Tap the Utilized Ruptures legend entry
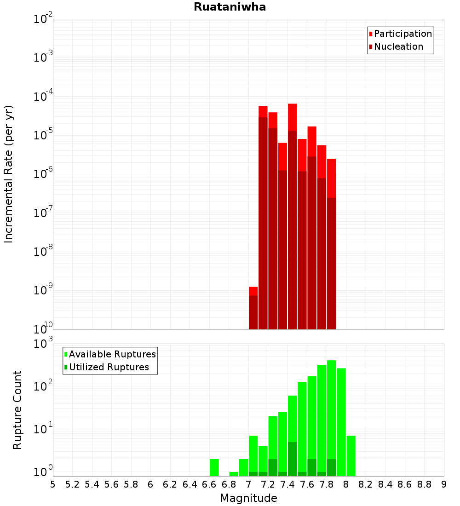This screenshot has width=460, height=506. pos(109,367)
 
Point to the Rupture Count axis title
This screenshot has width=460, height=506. pos(17,410)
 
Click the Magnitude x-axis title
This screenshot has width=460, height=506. pos(248,498)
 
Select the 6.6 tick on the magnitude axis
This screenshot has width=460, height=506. pos(209,484)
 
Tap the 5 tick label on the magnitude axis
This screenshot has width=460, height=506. pos(53,484)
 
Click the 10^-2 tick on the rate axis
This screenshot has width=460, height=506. pos(43,19)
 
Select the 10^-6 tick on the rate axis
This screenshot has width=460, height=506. pos(43,174)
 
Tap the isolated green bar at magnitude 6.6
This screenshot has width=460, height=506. pos(214,467)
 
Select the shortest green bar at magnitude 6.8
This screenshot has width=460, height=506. pos(234,474)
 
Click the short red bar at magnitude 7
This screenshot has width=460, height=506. pos(253,308)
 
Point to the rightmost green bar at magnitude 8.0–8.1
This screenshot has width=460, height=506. pos(351,455)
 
